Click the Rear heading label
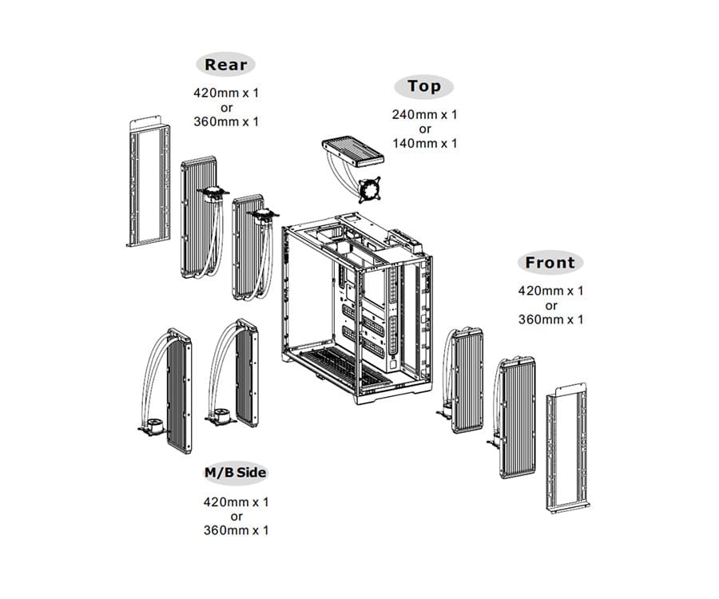(226, 65)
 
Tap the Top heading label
(424, 86)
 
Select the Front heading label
(550, 263)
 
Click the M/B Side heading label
(236, 473)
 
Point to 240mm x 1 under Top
(424, 114)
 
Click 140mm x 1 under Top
(424, 143)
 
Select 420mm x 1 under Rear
(226, 93)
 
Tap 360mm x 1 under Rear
(226, 121)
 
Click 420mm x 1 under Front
(551, 291)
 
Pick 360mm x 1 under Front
(551, 319)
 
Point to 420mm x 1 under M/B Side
(236, 502)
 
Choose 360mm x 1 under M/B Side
(236, 530)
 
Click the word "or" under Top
(424, 129)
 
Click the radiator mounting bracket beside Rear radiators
(149, 183)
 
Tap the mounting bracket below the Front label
(569, 451)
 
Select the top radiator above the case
(352, 152)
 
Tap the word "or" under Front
(551, 305)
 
